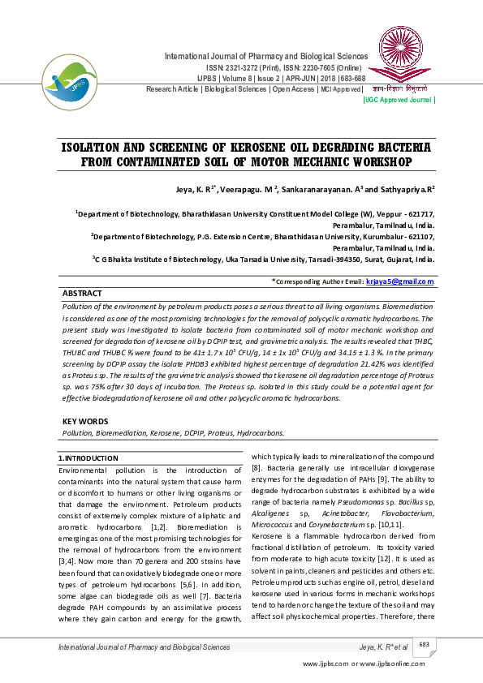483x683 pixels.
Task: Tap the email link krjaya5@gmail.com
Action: [x=401, y=281]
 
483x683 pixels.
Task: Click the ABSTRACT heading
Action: [x=83, y=293]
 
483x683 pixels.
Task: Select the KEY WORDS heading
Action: [x=85, y=422]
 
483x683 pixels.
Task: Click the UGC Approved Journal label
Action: [x=399, y=100]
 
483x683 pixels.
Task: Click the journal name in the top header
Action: [x=266, y=56]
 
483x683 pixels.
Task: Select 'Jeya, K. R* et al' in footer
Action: [x=383, y=646]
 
